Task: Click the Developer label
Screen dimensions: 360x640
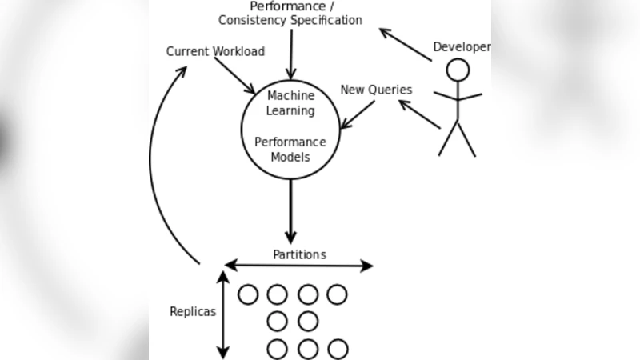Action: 462,47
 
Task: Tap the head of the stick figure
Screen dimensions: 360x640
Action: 458,70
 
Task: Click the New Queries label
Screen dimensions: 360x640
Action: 376,90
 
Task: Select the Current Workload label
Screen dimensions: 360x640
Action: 215,51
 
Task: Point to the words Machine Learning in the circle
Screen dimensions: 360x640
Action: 290,103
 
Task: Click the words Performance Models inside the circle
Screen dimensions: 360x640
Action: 290,150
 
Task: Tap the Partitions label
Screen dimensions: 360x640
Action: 300,254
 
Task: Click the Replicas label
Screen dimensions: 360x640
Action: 193,312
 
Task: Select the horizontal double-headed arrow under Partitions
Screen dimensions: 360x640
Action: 299,266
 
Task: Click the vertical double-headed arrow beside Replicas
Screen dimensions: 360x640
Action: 223,314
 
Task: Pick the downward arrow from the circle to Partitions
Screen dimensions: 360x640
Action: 290,211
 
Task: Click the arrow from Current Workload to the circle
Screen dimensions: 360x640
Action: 234,75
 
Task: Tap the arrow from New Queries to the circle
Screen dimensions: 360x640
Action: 358,114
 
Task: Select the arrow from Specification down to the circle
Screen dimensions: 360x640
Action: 290,53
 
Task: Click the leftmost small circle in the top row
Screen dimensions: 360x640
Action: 248,294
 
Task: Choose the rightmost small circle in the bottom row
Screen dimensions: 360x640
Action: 338,349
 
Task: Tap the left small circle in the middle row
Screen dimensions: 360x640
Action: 278,322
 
